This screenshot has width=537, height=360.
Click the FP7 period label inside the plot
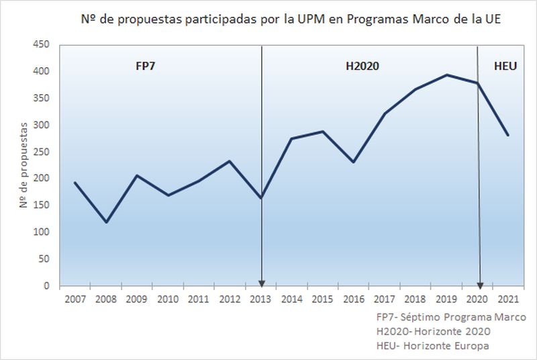tap(146, 67)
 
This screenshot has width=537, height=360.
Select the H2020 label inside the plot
tap(363, 67)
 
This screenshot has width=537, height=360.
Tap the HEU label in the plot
tap(505, 67)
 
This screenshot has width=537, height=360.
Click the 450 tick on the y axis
tap(43, 44)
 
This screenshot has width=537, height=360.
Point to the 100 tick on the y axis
tap(43, 232)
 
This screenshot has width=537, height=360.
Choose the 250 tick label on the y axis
tap(43, 152)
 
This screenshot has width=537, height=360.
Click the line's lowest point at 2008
tap(106, 222)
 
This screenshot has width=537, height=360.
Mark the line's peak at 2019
tap(447, 75)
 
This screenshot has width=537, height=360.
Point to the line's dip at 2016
tap(354, 162)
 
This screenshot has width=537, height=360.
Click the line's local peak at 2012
tap(230, 161)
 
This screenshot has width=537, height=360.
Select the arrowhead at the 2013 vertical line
tap(261, 282)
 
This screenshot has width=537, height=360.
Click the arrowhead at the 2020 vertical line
tap(479, 282)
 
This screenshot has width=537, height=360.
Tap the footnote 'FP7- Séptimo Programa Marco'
tap(451, 317)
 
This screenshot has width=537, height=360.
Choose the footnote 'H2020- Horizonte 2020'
tap(434, 331)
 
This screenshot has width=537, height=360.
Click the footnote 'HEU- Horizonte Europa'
tap(434, 345)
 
